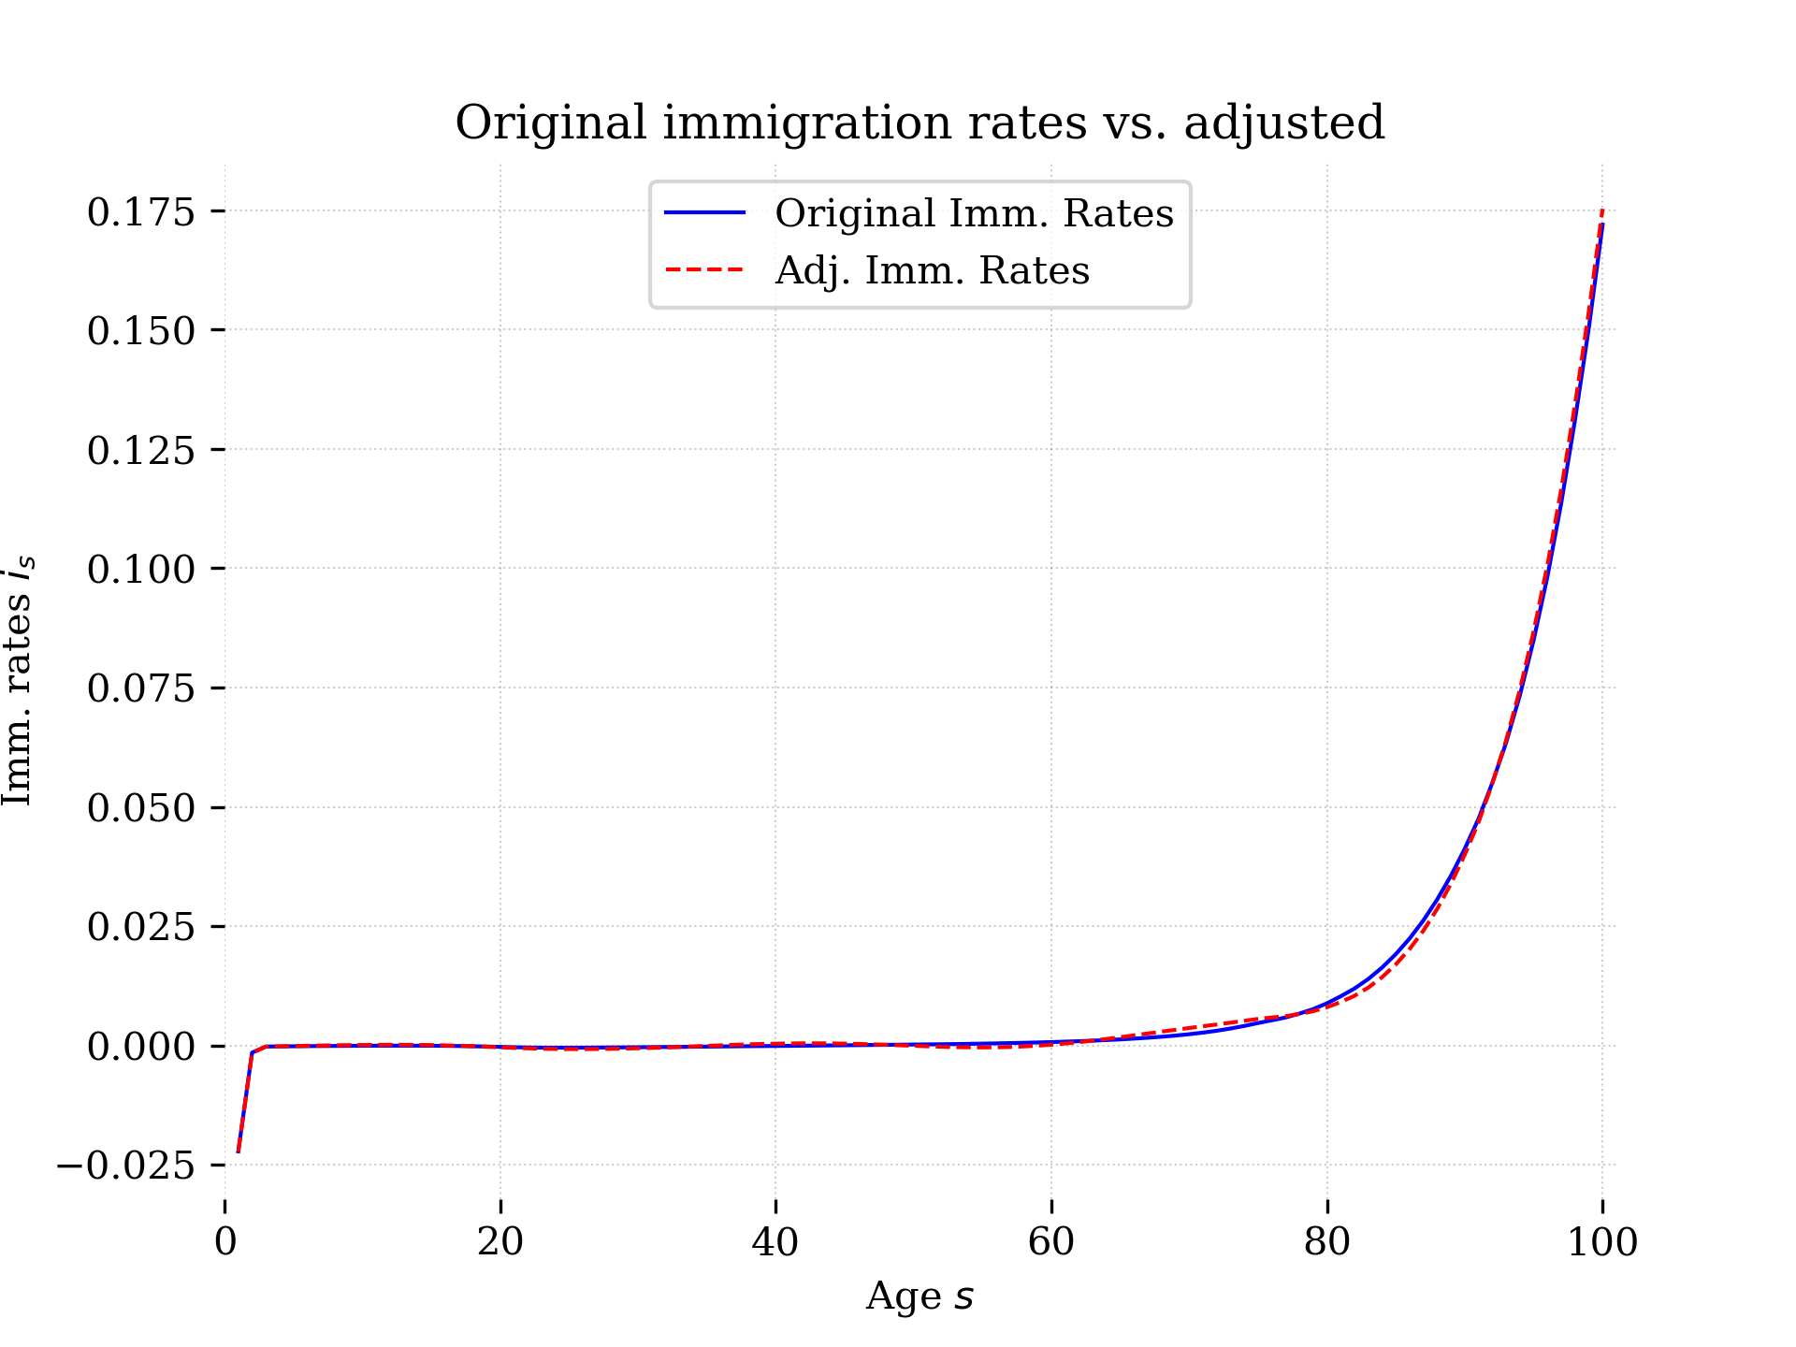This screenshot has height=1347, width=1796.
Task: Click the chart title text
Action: (x=920, y=123)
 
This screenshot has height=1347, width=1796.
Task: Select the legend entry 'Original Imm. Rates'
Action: (x=974, y=213)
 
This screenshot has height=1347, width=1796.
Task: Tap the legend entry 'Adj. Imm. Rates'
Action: (x=932, y=270)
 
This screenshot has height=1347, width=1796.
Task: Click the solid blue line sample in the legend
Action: (x=704, y=213)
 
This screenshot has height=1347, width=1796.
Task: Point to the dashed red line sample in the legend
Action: (x=704, y=270)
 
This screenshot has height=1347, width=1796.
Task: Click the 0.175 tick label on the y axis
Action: (x=141, y=211)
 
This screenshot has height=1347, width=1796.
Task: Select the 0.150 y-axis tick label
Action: (x=141, y=330)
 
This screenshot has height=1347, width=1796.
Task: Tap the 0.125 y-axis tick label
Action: (x=141, y=450)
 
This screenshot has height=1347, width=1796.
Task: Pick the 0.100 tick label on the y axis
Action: (x=141, y=569)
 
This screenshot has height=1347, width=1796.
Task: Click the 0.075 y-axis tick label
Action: (x=141, y=688)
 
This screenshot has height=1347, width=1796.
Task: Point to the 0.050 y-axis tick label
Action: (x=141, y=807)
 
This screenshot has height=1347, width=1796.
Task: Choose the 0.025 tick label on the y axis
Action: (x=141, y=927)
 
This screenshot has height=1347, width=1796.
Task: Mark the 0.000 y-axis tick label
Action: (x=141, y=1046)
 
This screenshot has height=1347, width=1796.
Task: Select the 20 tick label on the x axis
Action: (x=500, y=1242)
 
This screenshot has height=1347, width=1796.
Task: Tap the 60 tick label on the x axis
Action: (x=1051, y=1242)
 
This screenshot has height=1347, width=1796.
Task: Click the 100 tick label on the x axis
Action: (x=1602, y=1242)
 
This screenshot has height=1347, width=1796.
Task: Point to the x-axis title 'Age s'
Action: (x=920, y=1296)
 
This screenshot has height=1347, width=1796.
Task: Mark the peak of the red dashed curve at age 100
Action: (x=1602, y=211)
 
